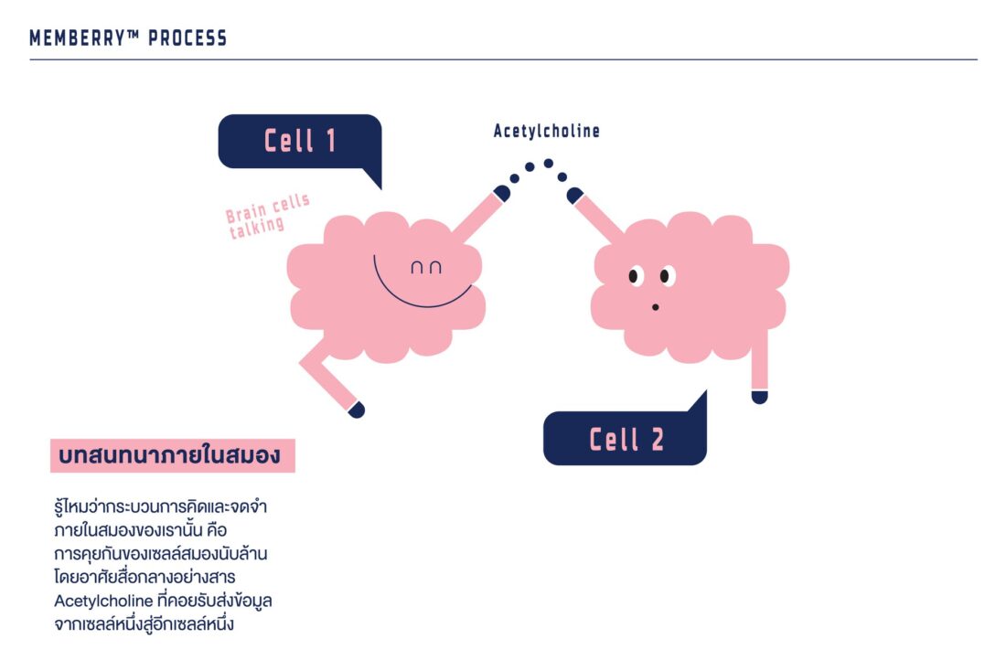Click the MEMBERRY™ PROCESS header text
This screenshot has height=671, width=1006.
click(128, 38)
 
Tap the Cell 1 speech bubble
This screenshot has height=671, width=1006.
click(299, 141)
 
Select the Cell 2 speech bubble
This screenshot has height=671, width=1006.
click(626, 439)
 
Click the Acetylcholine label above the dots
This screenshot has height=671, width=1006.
click(547, 132)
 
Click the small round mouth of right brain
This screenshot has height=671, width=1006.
click(655, 307)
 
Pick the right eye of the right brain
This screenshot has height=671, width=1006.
click(666, 275)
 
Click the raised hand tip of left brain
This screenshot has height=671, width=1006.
click(502, 192)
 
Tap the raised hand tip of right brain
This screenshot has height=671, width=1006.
click(574, 195)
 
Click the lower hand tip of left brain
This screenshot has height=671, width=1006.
click(357, 410)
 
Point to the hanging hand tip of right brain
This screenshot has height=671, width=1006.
click(759, 396)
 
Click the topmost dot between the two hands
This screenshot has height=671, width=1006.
click(549, 164)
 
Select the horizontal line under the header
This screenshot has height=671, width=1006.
click(503, 60)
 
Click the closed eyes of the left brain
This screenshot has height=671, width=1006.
click(425, 268)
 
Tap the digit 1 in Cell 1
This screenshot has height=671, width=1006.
click(329, 141)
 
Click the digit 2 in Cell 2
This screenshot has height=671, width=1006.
click(657, 440)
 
